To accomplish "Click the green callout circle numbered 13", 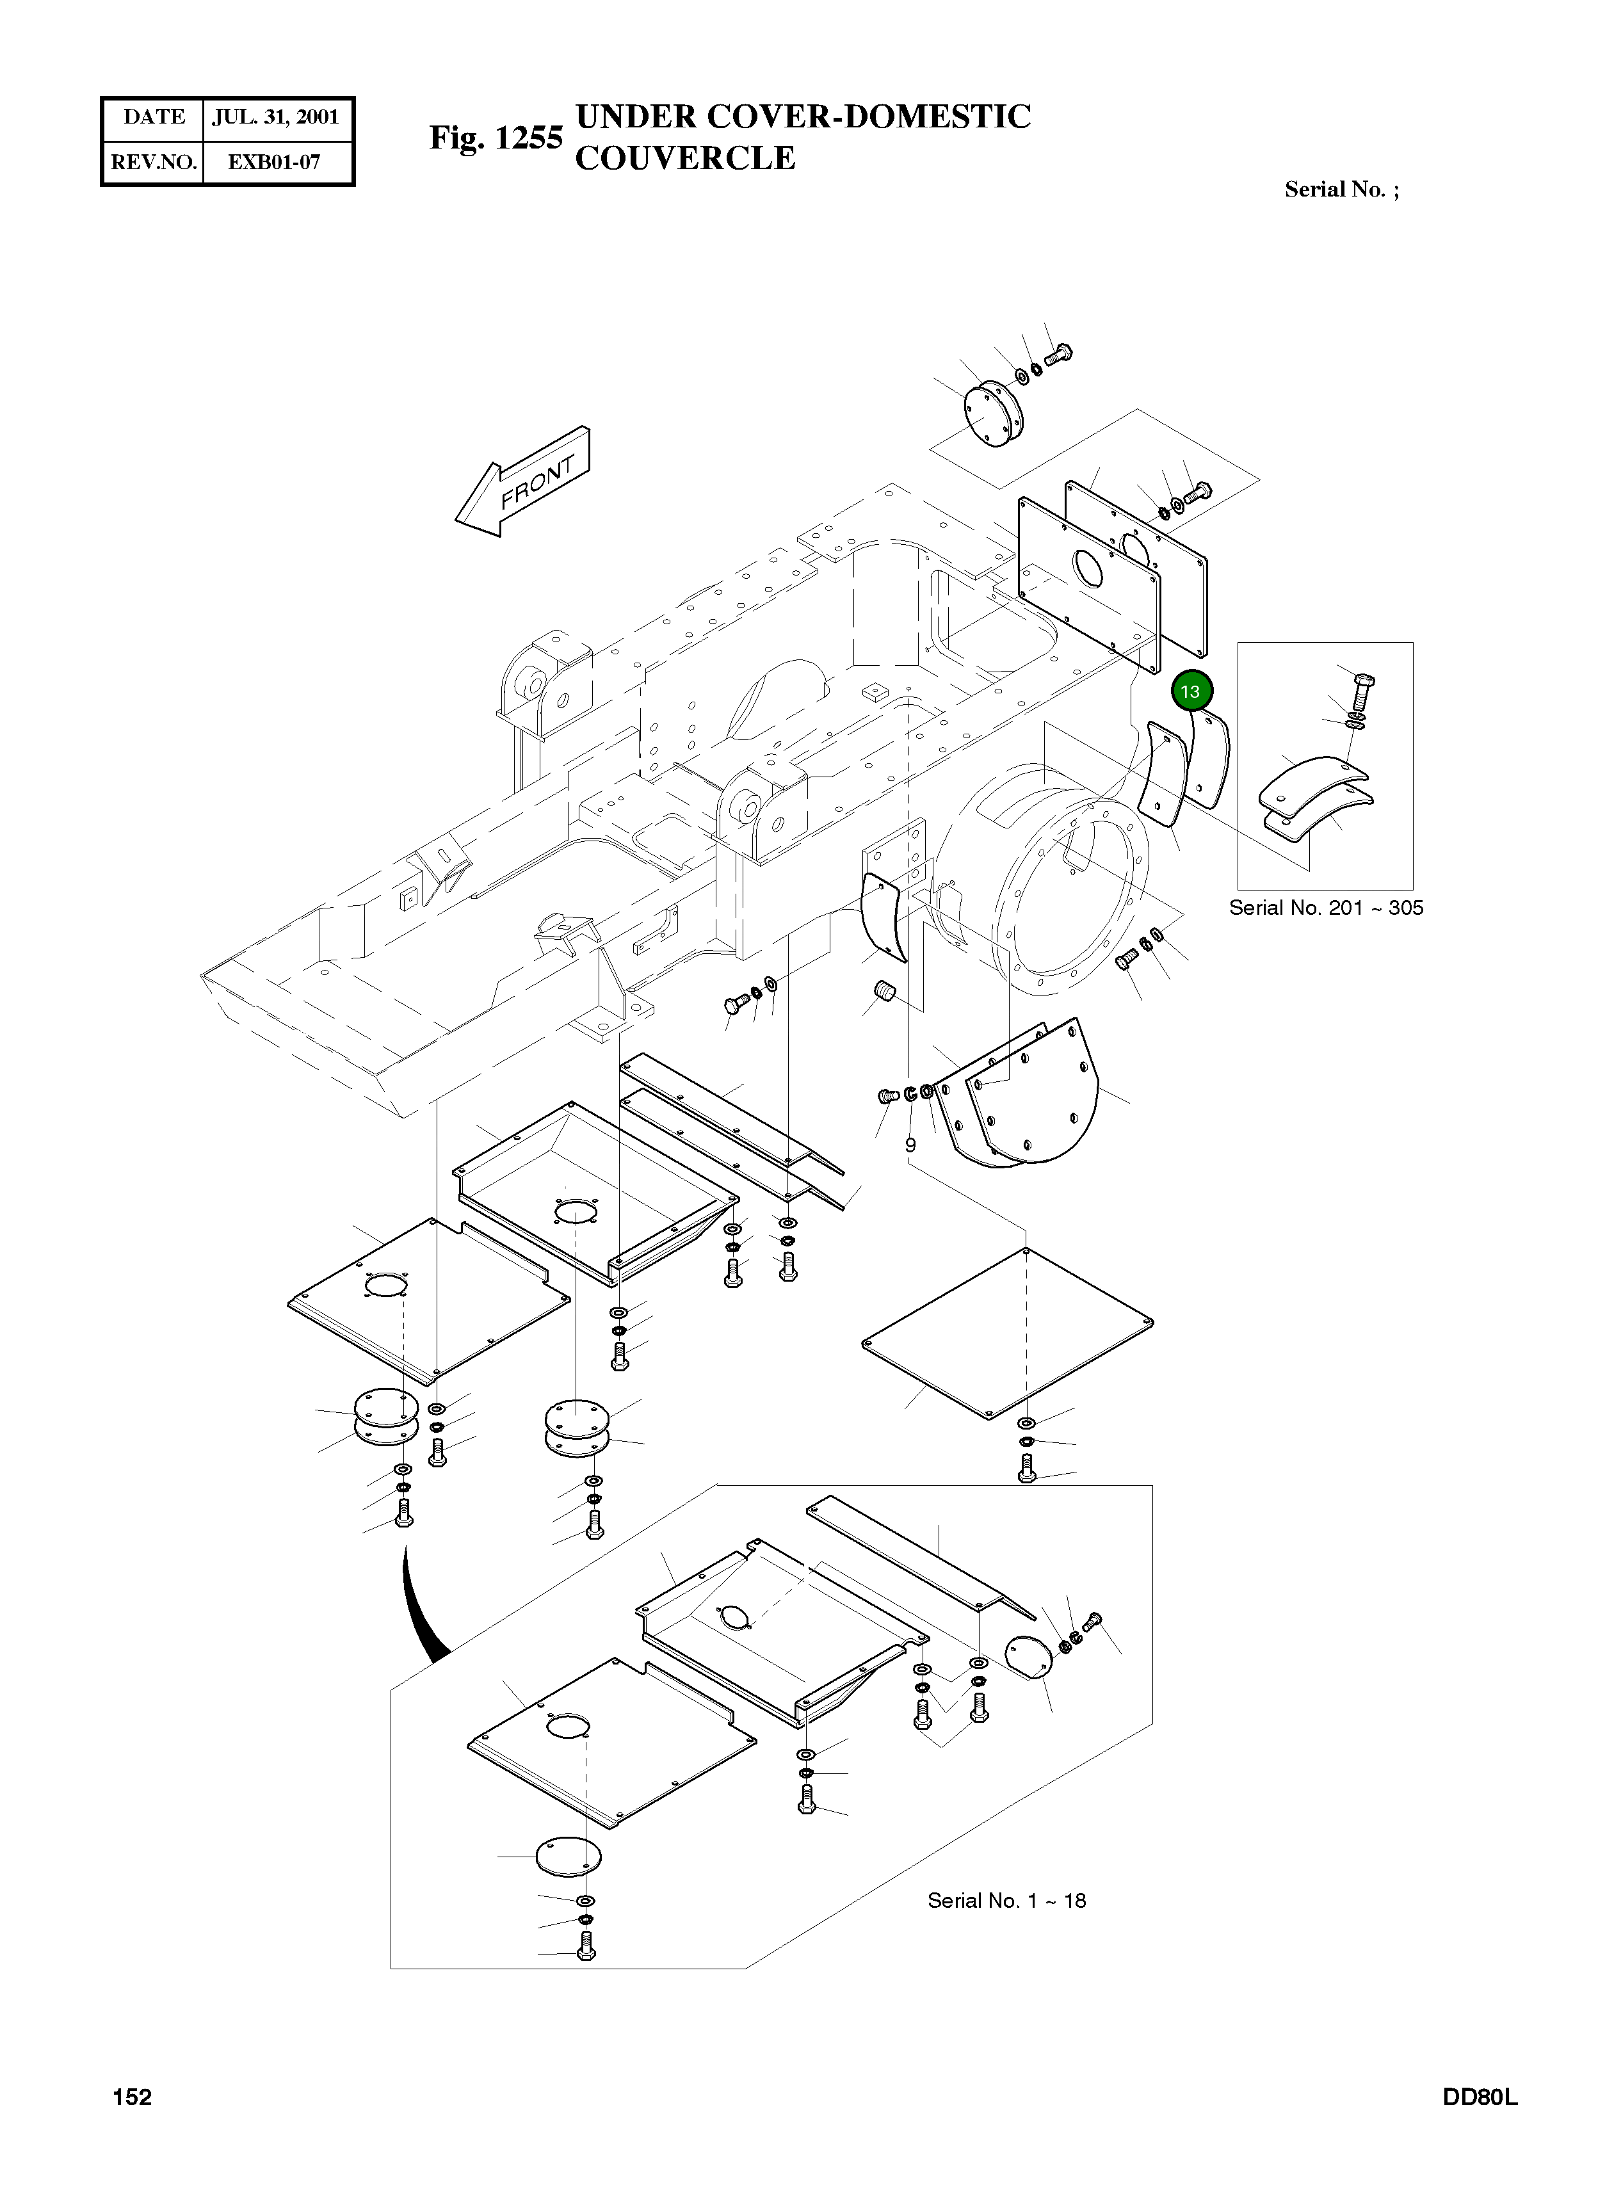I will pos(1190,691).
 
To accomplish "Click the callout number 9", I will pos(910,1144).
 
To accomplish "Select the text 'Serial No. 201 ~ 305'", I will pos(1326,908).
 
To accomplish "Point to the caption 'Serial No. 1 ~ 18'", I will pos(1006,1900).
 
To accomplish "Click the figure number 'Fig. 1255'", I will pos(496,138).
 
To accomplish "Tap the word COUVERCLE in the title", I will pos(685,158).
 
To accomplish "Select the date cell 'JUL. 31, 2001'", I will pos(275,117).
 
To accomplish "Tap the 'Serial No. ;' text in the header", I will pos(1341,189).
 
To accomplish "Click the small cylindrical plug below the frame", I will pos(885,994).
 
